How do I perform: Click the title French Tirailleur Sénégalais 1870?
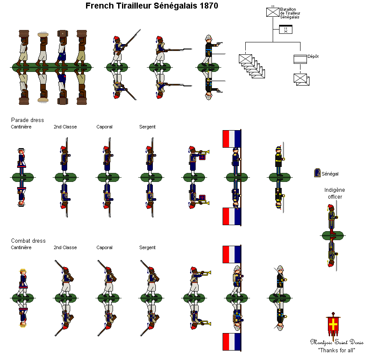click(x=152, y=6)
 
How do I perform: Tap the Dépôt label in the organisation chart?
click(x=313, y=57)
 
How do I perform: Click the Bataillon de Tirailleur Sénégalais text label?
click(x=290, y=13)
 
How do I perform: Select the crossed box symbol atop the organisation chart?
click(x=272, y=12)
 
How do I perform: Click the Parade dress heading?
click(x=27, y=120)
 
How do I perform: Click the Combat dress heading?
click(x=28, y=241)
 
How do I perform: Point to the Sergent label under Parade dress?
click(x=147, y=127)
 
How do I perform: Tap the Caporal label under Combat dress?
click(x=104, y=248)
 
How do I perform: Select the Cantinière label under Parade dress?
click(x=21, y=127)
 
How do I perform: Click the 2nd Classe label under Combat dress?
click(x=65, y=248)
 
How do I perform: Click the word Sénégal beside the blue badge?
click(x=330, y=174)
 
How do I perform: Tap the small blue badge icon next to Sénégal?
click(x=317, y=173)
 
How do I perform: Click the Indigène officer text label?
click(x=335, y=193)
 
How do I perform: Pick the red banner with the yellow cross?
click(x=333, y=326)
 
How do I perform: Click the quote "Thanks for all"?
click(x=336, y=350)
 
